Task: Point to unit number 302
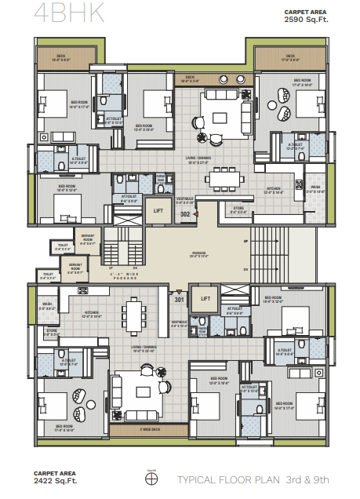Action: (x=185, y=213)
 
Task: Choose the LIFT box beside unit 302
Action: (x=158, y=211)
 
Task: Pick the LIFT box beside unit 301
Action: (x=206, y=298)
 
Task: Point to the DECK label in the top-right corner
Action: (x=290, y=56)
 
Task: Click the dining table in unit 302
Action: (x=224, y=178)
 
